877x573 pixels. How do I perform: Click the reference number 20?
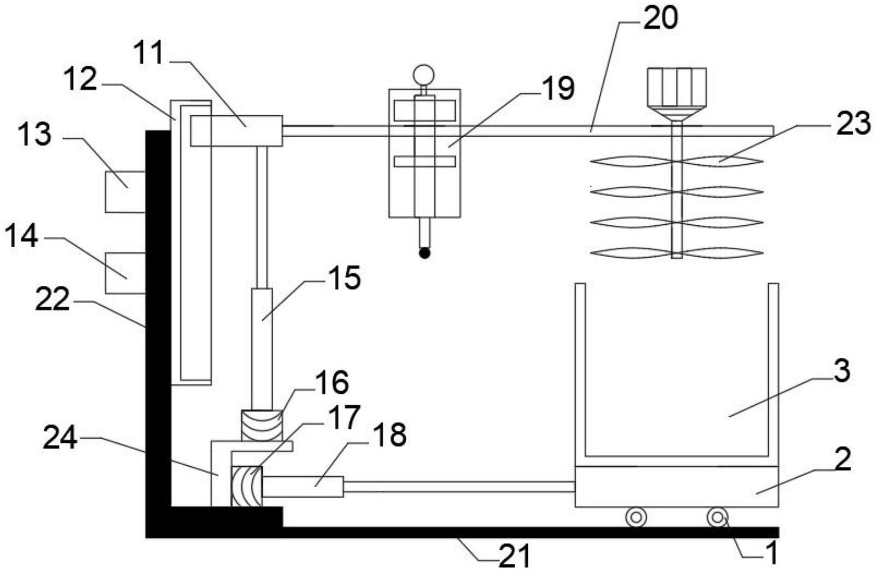point(660,18)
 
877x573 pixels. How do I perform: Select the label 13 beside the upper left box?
point(35,135)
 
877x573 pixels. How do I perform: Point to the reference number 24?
point(59,438)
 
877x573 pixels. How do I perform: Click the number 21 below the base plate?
point(515,555)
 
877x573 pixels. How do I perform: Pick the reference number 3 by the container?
point(842,371)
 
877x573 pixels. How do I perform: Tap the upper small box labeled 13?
point(125,192)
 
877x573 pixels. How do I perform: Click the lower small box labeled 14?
point(125,273)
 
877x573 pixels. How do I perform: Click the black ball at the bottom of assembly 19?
point(425,254)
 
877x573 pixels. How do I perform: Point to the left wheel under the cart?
point(636,518)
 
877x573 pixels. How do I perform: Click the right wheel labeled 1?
point(717,518)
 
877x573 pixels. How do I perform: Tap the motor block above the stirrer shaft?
point(677,87)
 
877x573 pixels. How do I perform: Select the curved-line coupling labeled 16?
point(262,425)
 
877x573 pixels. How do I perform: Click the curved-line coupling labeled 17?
point(247,486)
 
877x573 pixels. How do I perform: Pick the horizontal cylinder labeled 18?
point(303,487)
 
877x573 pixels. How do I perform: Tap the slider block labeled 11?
point(236,131)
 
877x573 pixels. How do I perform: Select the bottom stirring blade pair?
point(677,252)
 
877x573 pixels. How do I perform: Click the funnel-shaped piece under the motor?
point(677,114)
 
